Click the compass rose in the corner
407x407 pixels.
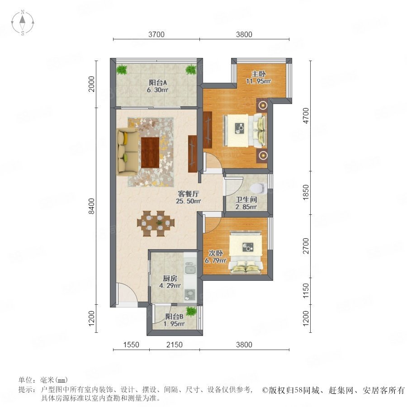(23, 23)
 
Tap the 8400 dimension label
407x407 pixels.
(92, 206)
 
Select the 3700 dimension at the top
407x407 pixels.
(156, 34)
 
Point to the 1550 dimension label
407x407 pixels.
(131, 345)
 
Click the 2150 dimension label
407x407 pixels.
(175, 345)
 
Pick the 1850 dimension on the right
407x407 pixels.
(306, 192)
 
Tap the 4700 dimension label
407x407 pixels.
(306, 116)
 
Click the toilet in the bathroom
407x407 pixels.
(258, 189)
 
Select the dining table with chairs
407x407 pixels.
(156, 223)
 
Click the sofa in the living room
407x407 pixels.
(127, 151)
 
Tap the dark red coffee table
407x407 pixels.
(150, 153)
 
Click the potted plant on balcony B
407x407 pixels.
(191, 311)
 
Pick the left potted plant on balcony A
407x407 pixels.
(121, 70)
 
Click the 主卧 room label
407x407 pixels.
(258, 74)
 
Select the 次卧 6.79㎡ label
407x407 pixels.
(215, 257)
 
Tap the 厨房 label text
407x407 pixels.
(170, 279)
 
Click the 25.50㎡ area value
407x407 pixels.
(189, 201)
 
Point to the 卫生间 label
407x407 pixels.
(246, 199)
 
